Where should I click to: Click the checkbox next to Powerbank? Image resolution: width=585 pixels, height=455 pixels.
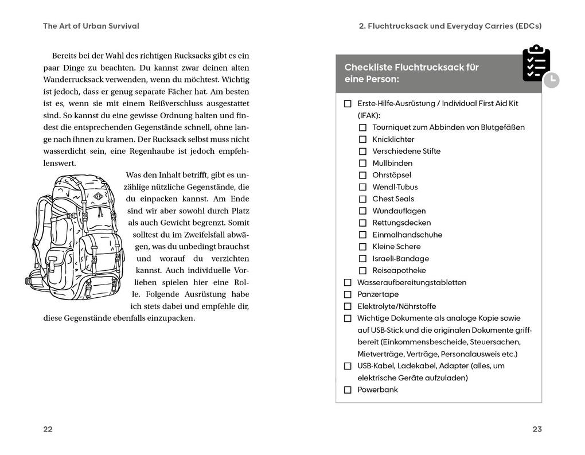(x=348, y=390)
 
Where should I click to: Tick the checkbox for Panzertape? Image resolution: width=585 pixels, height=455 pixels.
(x=348, y=294)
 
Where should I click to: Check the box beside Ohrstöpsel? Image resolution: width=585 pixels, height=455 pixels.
(x=362, y=175)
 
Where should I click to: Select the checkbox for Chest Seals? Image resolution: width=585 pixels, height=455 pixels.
(x=362, y=199)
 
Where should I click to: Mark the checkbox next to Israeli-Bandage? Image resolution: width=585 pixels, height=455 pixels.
(x=362, y=259)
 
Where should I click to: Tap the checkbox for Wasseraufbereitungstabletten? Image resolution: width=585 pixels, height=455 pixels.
(x=348, y=282)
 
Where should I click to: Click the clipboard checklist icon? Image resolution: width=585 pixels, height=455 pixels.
(x=536, y=64)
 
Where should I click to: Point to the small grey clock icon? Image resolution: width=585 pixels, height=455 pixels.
(x=551, y=80)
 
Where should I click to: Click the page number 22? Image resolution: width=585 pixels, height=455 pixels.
(x=48, y=429)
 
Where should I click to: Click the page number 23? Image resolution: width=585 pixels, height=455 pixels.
(x=537, y=429)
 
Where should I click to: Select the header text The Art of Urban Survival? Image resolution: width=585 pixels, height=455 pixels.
(x=91, y=26)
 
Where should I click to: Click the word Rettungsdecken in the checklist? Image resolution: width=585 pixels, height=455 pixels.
(x=401, y=223)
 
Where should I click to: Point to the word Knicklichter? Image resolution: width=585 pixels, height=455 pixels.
(x=393, y=139)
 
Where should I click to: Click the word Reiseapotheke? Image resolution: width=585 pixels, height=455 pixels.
(x=399, y=270)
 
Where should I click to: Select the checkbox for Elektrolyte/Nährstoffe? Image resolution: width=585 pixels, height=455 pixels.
(x=348, y=306)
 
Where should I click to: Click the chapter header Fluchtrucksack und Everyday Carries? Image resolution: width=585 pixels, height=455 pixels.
(x=450, y=26)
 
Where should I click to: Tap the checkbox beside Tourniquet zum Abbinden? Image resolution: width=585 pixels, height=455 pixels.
(x=362, y=127)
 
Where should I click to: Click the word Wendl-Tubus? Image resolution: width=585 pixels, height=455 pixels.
(x=395, y=187)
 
